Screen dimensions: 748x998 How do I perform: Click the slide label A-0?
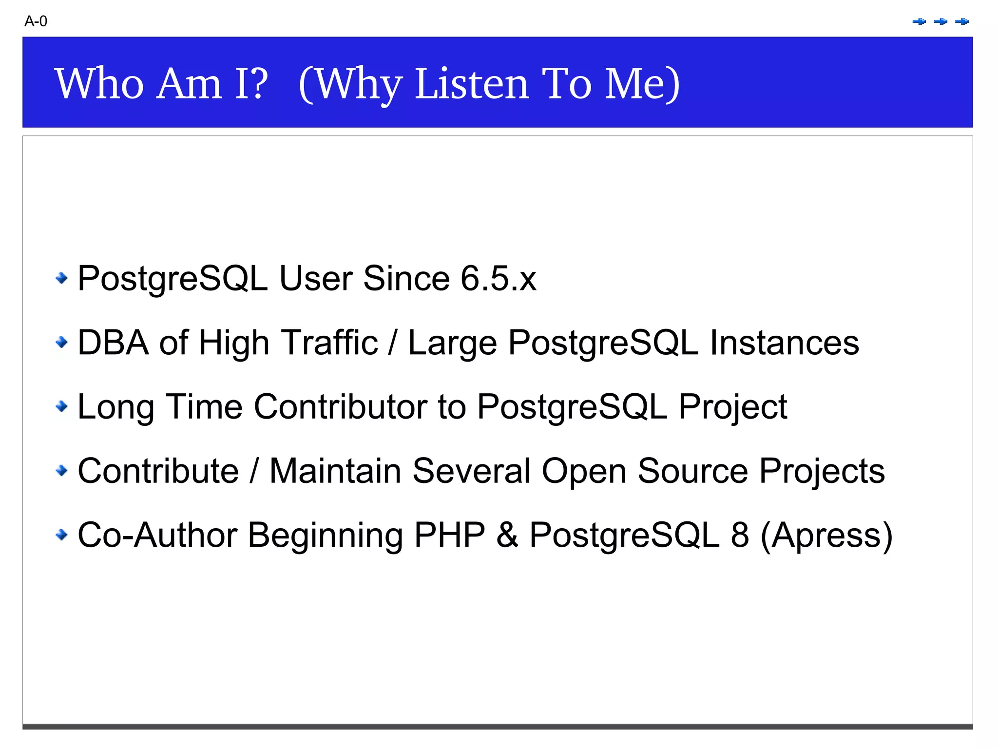[x=36, y=21]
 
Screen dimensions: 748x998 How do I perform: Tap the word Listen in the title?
[x=472, y=84]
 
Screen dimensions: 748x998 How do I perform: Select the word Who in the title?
[x=99, y=84]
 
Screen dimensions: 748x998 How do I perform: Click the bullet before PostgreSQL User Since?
[x=61, y=278]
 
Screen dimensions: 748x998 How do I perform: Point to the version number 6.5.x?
[x=498, y=279]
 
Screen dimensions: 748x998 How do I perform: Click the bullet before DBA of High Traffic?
[x=61, y=342]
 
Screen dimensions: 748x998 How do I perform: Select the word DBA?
[x=113, y=343]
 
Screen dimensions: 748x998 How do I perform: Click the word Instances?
[x=784, y=343]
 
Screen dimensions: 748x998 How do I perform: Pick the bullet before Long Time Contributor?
[x=61, y=406]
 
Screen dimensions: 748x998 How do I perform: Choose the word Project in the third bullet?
[x=732, y=407]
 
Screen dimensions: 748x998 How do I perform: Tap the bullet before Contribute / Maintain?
[x=61, y=470]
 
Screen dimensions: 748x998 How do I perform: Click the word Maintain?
[x=335, y=471]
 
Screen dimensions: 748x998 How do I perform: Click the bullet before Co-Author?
[x=61, y=535]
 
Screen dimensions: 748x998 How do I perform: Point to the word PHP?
[x=449, y=535]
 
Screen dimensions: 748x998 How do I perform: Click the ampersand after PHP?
[x=507, y=535]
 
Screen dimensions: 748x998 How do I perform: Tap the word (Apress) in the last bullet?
[x=826, y=536]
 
